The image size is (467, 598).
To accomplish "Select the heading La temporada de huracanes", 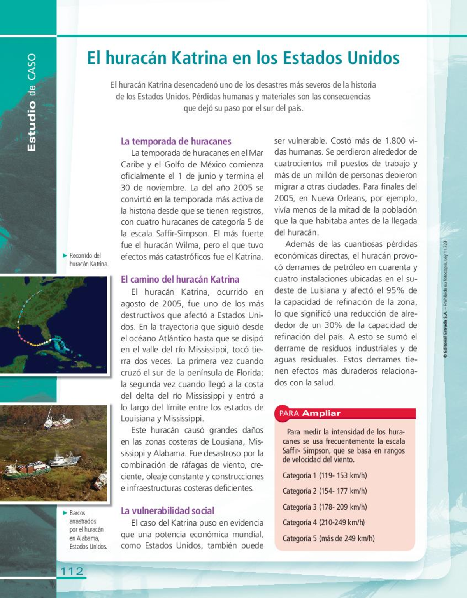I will (x=176, y=141).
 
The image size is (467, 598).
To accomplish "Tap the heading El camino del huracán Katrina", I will (x=180, y=280).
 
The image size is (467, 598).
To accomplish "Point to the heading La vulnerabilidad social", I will (x=167, y=511).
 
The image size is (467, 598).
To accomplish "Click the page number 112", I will (x=72, y=571).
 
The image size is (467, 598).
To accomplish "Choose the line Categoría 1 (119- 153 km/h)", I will (x=325, y=476).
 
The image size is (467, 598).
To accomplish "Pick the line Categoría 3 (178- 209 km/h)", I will (x=325, y=507).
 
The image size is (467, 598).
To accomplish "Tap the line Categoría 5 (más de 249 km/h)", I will (x=328, y=538).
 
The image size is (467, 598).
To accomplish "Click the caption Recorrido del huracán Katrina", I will (x=88, y=260).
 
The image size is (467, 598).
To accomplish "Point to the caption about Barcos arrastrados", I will (x=87, y=529).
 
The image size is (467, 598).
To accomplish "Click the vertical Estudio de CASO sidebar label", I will (x=32, y=103).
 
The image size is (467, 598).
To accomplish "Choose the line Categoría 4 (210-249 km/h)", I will (x=323, y=522).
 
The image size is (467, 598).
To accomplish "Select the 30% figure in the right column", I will (x=333, y=325).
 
